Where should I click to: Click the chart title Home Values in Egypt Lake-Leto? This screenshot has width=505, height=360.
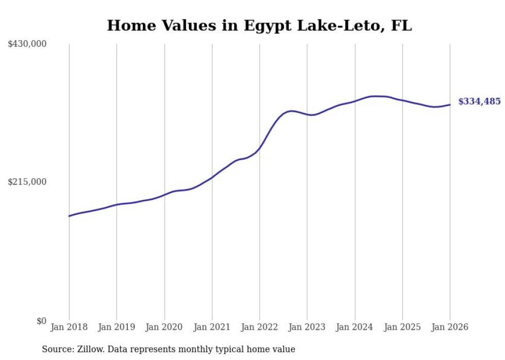(x=259, y=25)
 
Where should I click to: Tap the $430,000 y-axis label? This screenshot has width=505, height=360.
(x=27, y=44)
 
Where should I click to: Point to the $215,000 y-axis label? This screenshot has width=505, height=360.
(x=27, y=182)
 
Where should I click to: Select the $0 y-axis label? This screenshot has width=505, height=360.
(x=41, y=321)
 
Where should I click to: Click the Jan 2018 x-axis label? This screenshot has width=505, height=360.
(x=69, y=327)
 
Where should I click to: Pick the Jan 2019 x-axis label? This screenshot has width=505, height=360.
(x=116, y=327)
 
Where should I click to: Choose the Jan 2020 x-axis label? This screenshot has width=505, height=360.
(x=164, y=327)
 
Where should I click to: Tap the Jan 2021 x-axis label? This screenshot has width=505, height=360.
(x=212, y=327)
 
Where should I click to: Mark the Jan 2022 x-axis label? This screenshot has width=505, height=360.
(x=260, y=327)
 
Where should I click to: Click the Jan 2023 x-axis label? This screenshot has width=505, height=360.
(x=307, y=327)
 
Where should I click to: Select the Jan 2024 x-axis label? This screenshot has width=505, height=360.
(x=355, y=327)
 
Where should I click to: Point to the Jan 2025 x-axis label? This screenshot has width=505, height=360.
(x=402, y=327)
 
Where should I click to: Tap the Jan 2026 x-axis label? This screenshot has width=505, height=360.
(x=450, y=327)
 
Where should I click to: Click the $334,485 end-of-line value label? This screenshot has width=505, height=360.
(x=479, y=101)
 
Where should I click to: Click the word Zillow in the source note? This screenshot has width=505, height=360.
(x=88, y=349)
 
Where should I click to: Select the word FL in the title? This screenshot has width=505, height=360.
(x=401, y=25)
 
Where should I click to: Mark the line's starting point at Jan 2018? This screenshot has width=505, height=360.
(x=69, y=216)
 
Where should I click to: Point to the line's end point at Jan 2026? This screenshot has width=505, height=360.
(x=450, y=105)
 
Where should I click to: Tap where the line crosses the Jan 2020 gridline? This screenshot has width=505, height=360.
(x=164, y=195)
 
